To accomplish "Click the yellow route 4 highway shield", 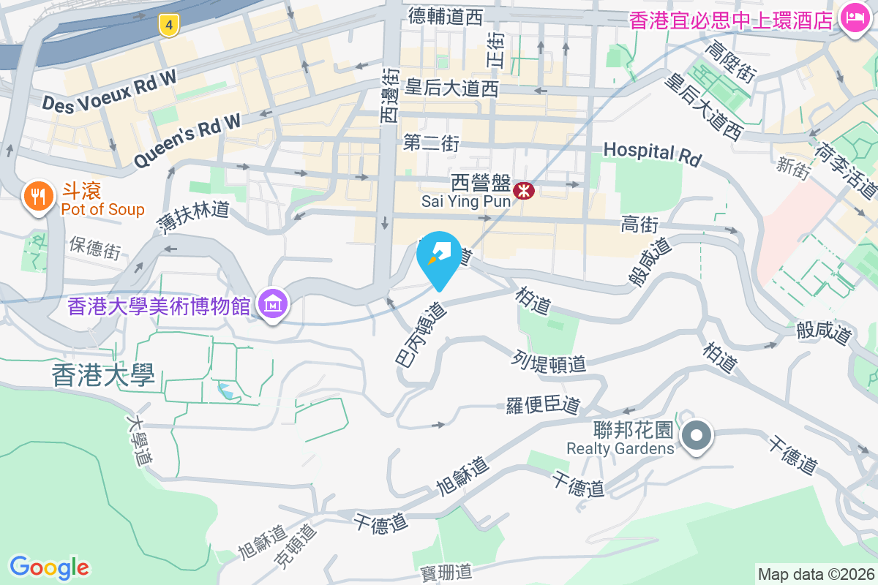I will (169, 26).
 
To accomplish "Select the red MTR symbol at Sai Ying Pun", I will (524, 192).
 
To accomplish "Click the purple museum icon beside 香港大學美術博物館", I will (273, 302).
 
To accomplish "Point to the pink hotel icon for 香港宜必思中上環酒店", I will (853, 16).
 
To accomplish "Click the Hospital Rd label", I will (652, 153).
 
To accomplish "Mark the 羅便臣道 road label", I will (543, 404).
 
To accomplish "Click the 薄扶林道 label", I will (193, 218).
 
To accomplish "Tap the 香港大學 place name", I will (103, 376).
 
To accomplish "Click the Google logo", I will (49, 567).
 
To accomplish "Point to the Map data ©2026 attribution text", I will (816, 574).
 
